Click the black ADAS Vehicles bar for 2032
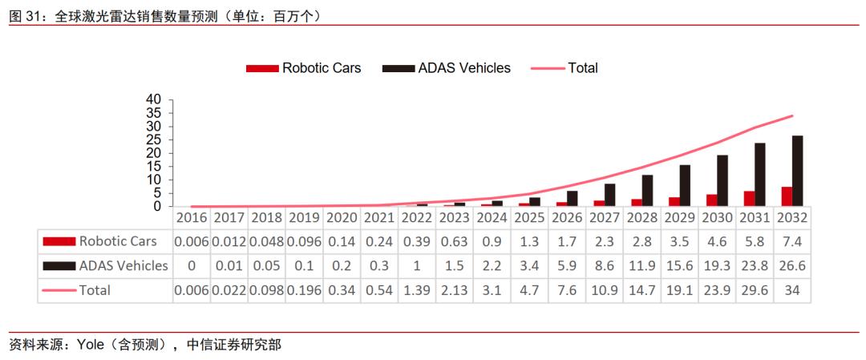click(x=797, y=171)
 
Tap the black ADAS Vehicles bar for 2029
click(x=684, y=186)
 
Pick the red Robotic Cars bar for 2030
click(x=711, y=200)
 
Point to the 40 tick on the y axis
click(x=154, y=99)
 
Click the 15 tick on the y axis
click(x=154, y=167)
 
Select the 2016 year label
click(x=192, y=218)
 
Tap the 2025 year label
click(x=529, y=218)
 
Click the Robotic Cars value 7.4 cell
click(x=791, y=241)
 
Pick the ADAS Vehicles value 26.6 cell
click(x=791, y=265)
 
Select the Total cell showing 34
click(x=791, y=290)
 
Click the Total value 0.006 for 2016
click(x=192, y=290)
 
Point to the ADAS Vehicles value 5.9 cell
click(x=567, y=265)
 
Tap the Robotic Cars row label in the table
click(x=117, y=241)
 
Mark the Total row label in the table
click(x=94, y=290)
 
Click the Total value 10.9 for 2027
click(x=605, y=290)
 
